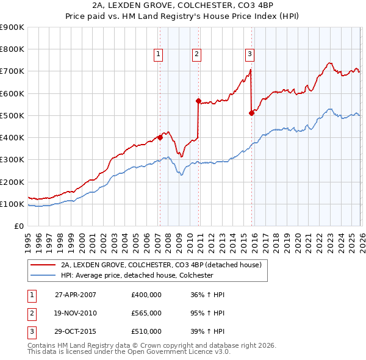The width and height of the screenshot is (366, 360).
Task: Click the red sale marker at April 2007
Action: [x=160, y=137]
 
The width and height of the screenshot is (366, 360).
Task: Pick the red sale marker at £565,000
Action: [x=198, y=101]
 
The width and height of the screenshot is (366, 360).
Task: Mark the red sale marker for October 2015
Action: [x=251, y=113]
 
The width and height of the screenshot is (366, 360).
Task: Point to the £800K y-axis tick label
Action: [x=12, y=49]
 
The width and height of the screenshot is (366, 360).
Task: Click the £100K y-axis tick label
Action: [x=12, y=204]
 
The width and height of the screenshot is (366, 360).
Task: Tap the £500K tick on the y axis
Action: [x=12, y=115]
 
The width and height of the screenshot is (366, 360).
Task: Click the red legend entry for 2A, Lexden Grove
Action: [x=161, y=265]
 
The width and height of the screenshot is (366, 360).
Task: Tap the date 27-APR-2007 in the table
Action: [x=76, y=295]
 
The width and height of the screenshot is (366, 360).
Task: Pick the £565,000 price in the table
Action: [x=146, y=313]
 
